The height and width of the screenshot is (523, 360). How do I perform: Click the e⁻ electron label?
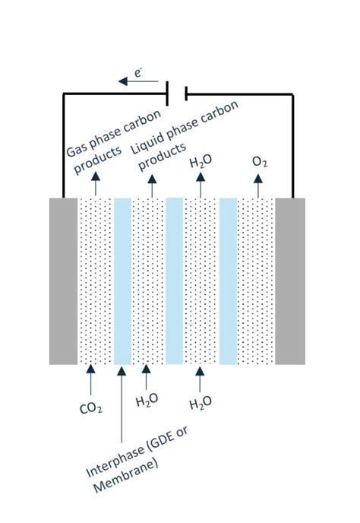click(138, 72)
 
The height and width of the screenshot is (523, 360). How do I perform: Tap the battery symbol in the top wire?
click(177, 94)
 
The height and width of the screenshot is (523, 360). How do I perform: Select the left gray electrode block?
click(63, 281)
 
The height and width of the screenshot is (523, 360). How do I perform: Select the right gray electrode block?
click(290, 281)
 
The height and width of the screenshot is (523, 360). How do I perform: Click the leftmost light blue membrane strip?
click(122, 281)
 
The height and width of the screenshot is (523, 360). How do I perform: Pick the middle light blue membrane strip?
click(175, 281)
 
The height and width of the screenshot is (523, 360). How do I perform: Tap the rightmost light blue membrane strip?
click(228, 281)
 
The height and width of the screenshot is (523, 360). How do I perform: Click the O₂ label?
click(259, 162)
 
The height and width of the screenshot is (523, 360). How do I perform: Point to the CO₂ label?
click(90, 409)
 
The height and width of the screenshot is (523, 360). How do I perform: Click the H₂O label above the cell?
click(201, 162)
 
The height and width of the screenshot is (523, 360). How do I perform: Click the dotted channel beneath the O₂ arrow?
click(256, 281)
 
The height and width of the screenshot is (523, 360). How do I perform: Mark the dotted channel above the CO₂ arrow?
click(95, 281)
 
